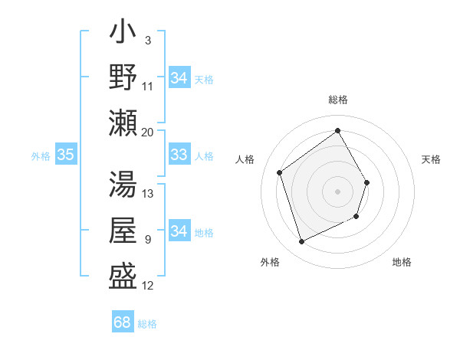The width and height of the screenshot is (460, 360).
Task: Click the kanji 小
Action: point(123,34)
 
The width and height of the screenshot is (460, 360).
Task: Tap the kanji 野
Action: point(123,78)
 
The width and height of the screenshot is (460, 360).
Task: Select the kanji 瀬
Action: point(123,123)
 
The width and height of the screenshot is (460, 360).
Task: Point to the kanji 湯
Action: point(123,185)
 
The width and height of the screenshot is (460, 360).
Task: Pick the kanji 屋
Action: point(123,230)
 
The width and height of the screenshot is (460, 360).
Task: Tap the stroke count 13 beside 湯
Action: point(148,194)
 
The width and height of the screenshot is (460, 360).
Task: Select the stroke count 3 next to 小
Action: point(147,41)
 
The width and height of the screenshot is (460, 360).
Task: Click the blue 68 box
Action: point(122,322)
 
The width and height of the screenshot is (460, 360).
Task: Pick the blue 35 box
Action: point(65,155)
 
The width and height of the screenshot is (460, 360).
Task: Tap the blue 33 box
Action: point(179,155)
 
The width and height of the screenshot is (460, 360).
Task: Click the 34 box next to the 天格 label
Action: point(179,77)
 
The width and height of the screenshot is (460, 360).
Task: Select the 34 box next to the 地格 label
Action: point(179,231)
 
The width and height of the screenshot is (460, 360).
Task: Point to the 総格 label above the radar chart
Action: point(337,100)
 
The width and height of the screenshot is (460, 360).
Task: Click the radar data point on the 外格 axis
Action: point(301,242)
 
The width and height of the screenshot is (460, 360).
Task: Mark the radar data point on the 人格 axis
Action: point(280,172)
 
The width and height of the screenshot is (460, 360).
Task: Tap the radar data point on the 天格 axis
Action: point(367,182)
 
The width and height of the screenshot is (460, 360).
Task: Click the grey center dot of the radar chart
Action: point(337,191)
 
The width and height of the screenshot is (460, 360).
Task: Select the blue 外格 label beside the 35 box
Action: point(41,156)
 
